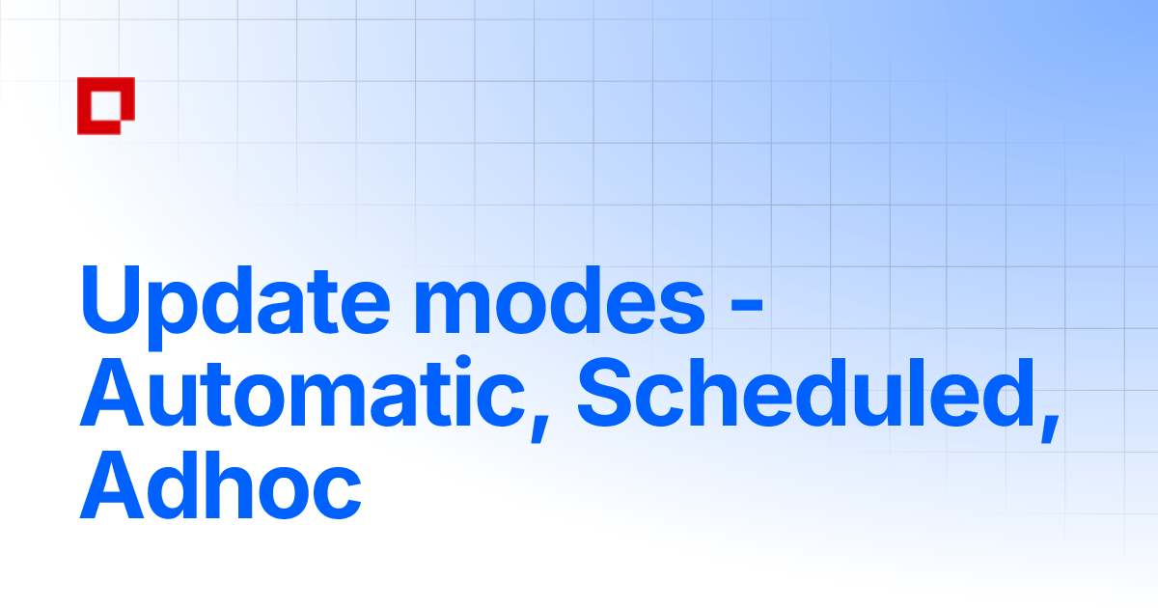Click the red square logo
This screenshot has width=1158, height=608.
point(105,105)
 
